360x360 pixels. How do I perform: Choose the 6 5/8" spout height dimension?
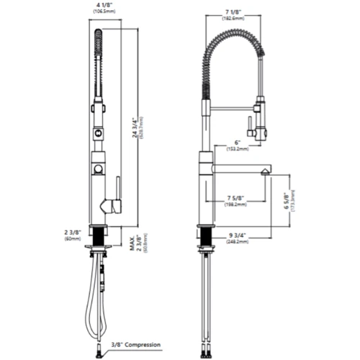[x=287, y=200]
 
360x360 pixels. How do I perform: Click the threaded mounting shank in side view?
[x=205, y=235]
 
